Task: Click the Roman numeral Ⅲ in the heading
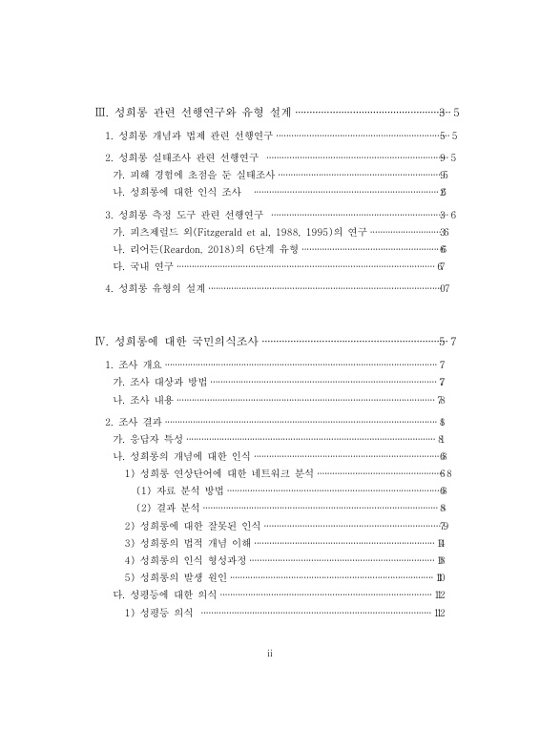tap(102, 112)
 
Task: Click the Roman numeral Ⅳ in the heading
tap(102, 341)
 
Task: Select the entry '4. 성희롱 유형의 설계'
tap(156, 287)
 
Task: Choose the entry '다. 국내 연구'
tap(143, 265)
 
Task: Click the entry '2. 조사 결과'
tap(135, 422)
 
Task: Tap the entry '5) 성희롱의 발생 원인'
tap(177, 576)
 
